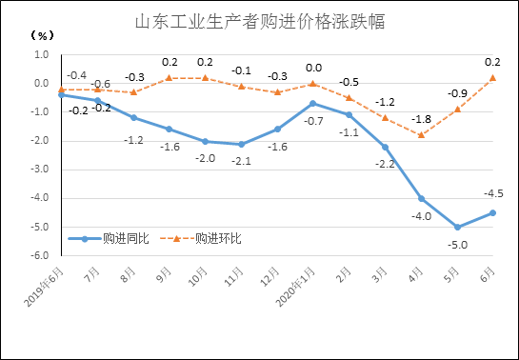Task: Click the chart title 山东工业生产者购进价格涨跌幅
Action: tap(260, 21)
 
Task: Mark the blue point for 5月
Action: tap(457, 227)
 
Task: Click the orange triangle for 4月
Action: tap(421, 134)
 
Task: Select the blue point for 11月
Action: tap(241, 144)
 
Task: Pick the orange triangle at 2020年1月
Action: tap(312, 83)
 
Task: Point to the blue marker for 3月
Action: tap(385, 147)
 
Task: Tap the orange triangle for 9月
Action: tap(169, 77)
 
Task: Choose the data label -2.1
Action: tap(241, 161)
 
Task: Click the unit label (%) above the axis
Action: tap(43, 35)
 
